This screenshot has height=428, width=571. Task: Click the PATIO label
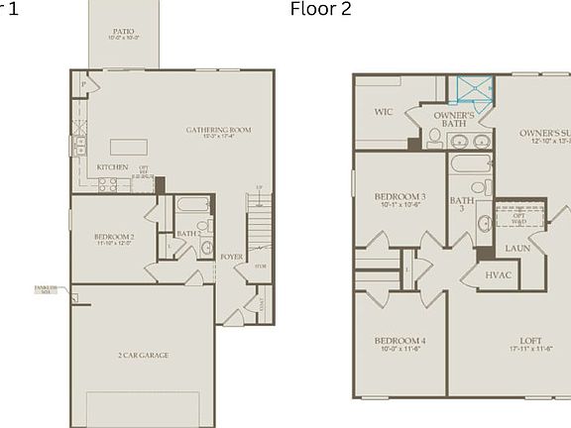(x=124, y=32)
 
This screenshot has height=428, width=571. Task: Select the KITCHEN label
(x=112, y=167)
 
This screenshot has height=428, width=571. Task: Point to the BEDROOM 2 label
(x=114, y=237)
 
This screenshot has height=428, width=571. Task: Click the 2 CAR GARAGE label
(x=143, y=355)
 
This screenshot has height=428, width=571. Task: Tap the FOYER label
(x=231, y=257)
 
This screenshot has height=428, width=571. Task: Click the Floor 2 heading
(x=320, y=10)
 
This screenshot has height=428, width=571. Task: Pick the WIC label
(x=384, y=112)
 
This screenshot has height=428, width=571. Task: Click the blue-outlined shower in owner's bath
(x=471, y=90)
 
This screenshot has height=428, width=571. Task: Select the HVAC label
(x=499, y=274)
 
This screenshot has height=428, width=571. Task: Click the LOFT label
(x=529, y=341)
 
